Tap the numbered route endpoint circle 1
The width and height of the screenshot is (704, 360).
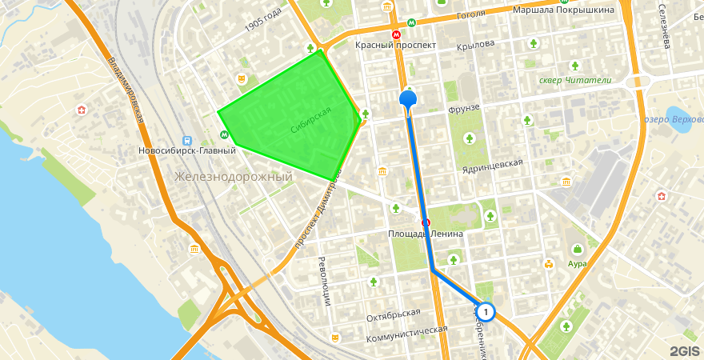pos(485,311)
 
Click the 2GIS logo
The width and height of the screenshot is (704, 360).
pos(685,350)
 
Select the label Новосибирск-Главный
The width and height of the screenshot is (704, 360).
pos(186,150)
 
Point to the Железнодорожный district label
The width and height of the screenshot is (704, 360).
pos(234,176)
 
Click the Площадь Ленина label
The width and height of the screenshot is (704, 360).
pos(426,234)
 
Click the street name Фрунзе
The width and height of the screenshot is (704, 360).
pos(463,108)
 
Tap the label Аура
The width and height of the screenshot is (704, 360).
pos(577,263)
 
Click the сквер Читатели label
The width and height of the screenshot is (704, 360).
pos(575,80)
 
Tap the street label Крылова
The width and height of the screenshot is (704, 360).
pos(475,45)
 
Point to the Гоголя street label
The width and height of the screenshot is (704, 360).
pos(471,14)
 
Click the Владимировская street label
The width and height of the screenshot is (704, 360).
pos(127,88)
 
